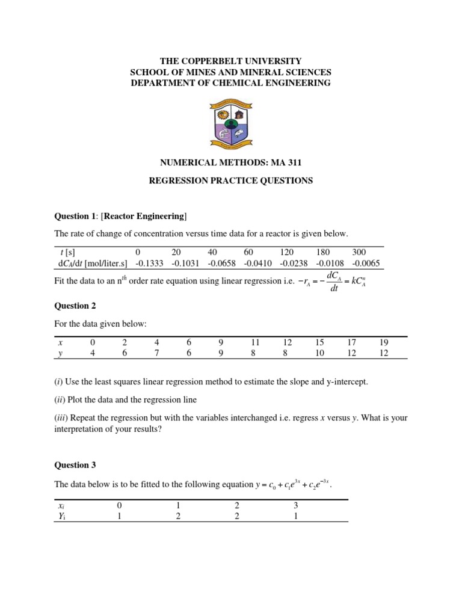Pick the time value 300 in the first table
pos(360,252)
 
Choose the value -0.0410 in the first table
pos(258,263)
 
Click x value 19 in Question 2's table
pos(384,342)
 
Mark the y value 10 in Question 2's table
pos(319,353)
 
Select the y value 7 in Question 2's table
pos(156,353)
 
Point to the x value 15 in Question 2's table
pos(319,342)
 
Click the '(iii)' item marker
pos(61,417)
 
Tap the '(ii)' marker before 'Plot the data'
pos(60,400)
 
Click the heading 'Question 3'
pos(75,465)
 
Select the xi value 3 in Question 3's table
pos(295,506)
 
